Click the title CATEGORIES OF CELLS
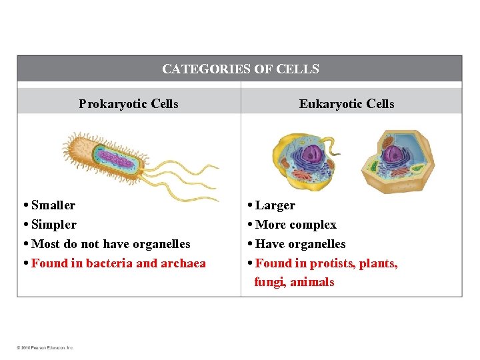(241, 69)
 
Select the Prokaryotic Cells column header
(129, 103)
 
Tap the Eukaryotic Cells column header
(347, 103)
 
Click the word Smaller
(53, 205)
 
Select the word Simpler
(54, 225)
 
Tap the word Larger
(275, 205)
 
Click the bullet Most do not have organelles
(111, 244)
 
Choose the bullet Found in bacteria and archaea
(119, 263)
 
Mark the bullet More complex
(296, 225)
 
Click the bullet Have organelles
(301, 244)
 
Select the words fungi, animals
(295, 282)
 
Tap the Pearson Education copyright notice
(45, 347)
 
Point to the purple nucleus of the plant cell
(393, 155)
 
